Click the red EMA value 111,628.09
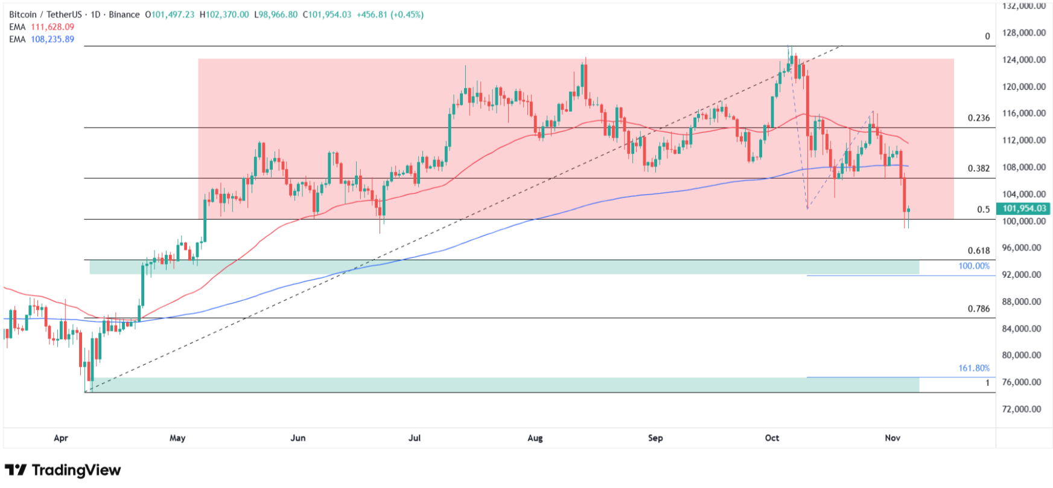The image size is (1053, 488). click(x=52, y=27)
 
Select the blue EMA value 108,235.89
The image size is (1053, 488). click(x=52, y=39)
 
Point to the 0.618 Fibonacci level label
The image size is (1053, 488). click(x=979, y=251)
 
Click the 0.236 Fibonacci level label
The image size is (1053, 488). click(x=979, y=118)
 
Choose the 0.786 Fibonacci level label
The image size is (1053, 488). click(x=979, y=309)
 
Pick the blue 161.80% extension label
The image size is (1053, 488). click(x=974, y=368)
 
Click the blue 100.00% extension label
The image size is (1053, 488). click(x=974, y=266)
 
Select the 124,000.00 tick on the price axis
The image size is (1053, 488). click(x=1024, y=60)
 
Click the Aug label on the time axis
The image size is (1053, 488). click(x=535, y=438)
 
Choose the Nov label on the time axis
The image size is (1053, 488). click(x=892, y=438)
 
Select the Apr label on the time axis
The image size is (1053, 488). click(x=61, y=438)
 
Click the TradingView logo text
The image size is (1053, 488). click(x=76, y=470)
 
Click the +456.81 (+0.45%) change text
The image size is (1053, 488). click(x=390, y=14)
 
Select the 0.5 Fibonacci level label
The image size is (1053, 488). click(x=984, y=210)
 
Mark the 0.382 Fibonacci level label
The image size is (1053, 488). click(x=979, y=169)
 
